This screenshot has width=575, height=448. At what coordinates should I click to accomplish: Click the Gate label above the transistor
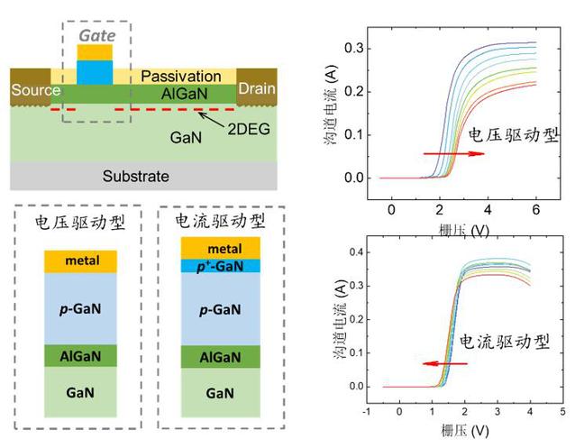coord(96,33)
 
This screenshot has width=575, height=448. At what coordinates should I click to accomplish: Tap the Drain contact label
coord(256,90)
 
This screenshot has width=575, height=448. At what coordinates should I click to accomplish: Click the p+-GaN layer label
coord(213,266)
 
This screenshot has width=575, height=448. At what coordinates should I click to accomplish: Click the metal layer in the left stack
coord(81,261)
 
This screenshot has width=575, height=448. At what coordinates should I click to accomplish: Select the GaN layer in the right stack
coord(213,394)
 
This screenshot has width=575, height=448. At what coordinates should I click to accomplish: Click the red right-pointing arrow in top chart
coord(454,155)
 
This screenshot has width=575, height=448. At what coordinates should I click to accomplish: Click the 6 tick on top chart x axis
coord(536,208)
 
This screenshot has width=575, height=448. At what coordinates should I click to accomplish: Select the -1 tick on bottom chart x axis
coord(366,411)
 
